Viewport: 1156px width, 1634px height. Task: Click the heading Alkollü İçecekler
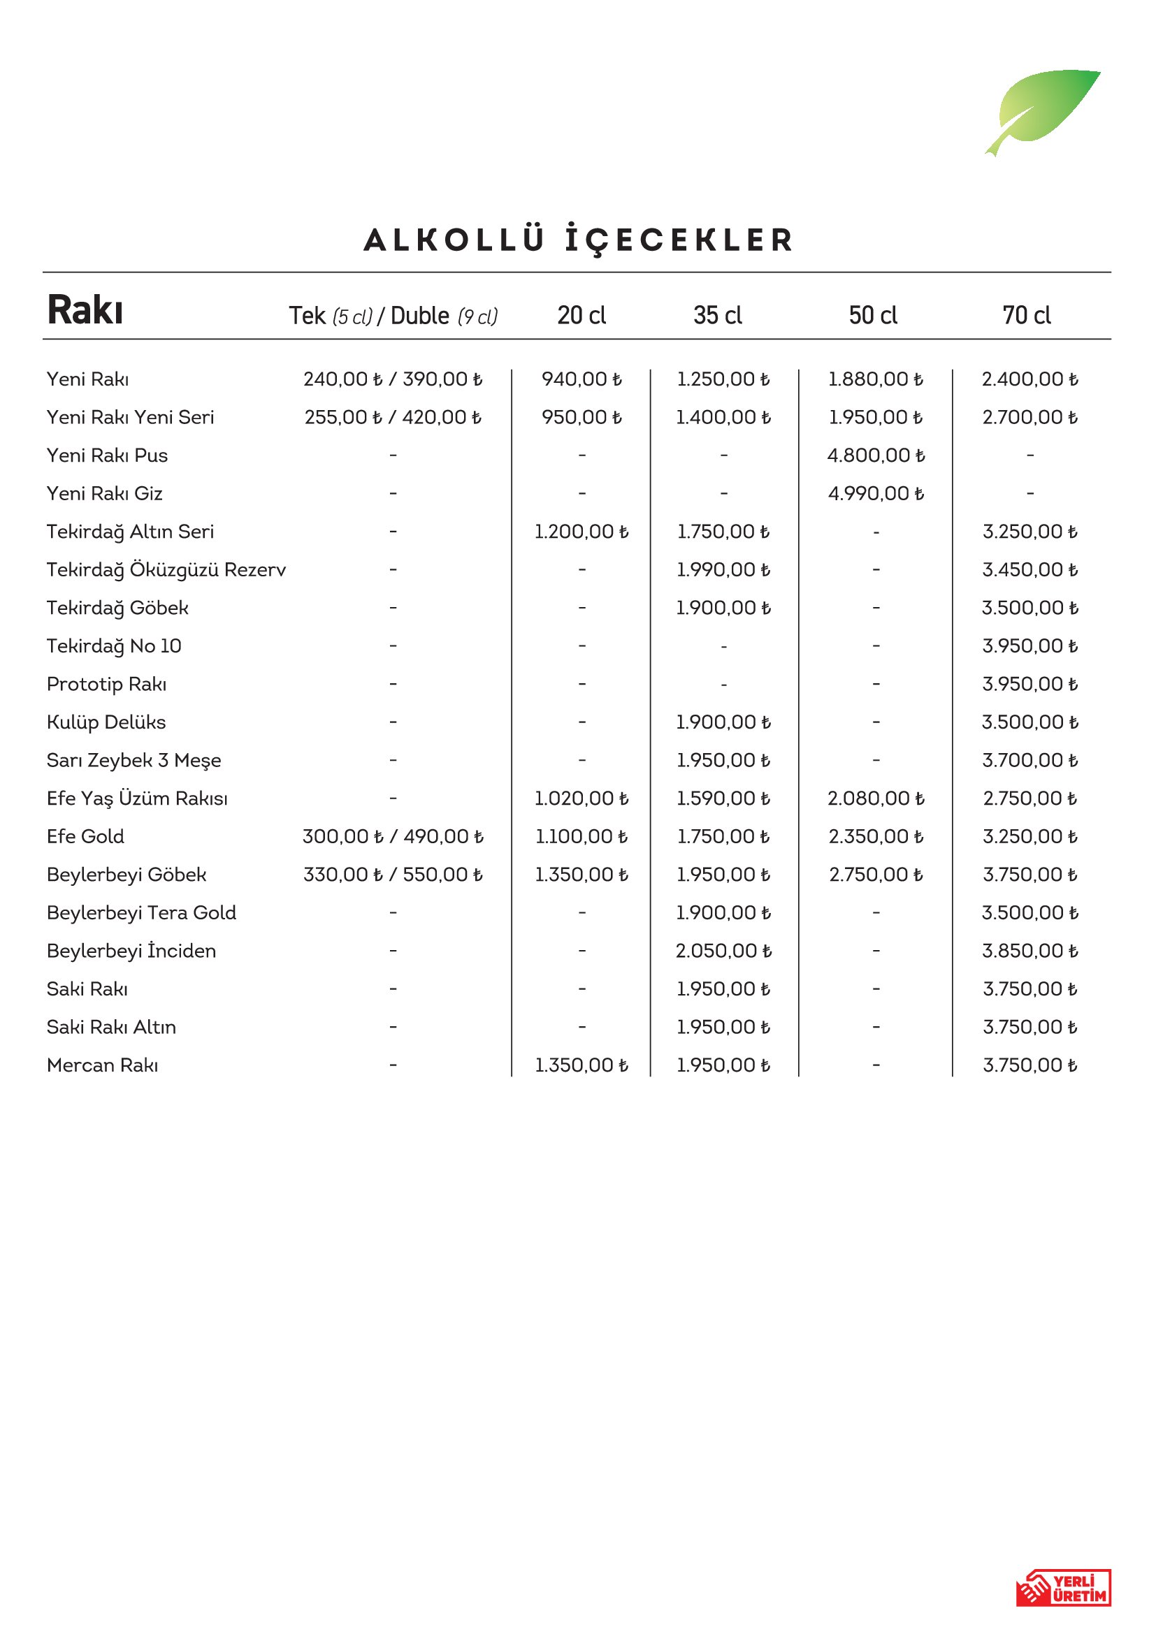pos(578,240)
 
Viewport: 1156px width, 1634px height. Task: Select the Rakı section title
pos(85,310)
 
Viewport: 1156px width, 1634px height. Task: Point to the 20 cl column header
pos(581,315)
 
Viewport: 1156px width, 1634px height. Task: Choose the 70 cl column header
pos(1027,315)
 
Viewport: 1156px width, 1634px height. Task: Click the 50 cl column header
pos(873,315)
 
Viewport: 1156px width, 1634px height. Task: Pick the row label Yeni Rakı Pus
pos(108,455)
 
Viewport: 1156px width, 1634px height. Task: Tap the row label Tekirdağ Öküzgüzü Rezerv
pos(166,570)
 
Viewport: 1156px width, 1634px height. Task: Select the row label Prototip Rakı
pos(107,685)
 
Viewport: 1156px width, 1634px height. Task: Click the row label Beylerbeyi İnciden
pos(131,951)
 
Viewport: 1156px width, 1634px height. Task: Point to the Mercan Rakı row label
pos(103,1065)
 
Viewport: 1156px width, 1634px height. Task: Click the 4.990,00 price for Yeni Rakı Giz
pos(876,494)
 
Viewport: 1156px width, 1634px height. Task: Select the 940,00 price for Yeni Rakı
pos(581,379)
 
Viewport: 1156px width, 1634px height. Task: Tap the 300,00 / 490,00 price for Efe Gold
pos(393,837)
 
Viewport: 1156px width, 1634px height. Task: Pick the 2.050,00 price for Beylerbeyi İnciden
pos(723,951)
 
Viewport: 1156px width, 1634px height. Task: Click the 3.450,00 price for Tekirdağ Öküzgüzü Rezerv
pos(1030,570)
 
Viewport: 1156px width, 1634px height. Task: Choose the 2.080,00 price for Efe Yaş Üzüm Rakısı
pos(876,798)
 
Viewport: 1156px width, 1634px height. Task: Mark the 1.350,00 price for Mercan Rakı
pos(581,1065)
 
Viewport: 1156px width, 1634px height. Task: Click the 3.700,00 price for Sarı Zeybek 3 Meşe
pos(1030,761)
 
